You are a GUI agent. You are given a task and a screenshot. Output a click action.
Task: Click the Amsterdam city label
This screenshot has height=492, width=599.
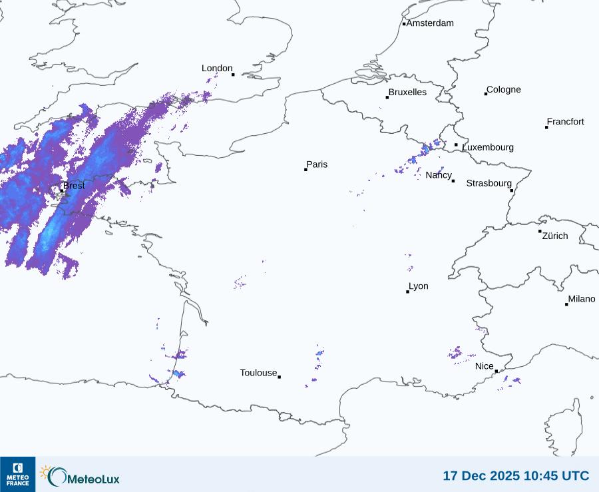click(x=430, y=23)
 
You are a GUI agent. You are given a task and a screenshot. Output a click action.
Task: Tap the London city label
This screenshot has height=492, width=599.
click(x=217, y=69)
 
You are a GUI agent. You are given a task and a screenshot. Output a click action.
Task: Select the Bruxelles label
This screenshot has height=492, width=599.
click(x=407, y=93)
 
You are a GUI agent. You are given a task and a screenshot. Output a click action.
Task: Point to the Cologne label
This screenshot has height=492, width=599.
click(x=504, y=90)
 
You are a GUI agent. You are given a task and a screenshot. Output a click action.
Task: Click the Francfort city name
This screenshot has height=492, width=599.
click(x=566, y=122)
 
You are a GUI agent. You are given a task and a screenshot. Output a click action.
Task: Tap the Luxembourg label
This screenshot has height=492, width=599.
click(x=488, y=147)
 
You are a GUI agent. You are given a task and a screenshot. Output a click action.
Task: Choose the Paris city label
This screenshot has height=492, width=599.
click(x=317, y=164)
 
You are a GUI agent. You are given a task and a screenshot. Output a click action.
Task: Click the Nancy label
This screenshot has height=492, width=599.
click(x=439, y=175)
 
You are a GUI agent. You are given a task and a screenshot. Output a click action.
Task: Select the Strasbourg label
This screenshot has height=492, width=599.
click(x=489, y=183)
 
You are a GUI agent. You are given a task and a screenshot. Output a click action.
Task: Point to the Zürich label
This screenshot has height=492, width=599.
click(x=555, y=236)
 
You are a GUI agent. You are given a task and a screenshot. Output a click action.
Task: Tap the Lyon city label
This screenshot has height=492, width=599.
click(x=419, y=286)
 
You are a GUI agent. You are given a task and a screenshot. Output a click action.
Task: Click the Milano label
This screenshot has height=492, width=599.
click(x=582, y=299)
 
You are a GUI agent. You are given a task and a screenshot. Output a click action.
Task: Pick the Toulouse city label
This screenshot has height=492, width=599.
click(x=258, y=373)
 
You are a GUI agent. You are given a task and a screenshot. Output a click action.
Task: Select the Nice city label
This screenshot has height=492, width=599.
click(x=485, y=366)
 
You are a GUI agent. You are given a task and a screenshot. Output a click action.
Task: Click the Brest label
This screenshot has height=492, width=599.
click(x=74, y=186)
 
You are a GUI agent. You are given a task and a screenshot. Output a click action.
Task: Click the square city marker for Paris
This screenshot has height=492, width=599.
click(x=305, y=170)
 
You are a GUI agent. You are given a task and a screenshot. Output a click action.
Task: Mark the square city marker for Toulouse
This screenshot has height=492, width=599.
click(x=279, y=377)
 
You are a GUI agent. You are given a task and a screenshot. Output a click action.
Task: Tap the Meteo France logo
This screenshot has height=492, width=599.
click(x=17, y=474)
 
